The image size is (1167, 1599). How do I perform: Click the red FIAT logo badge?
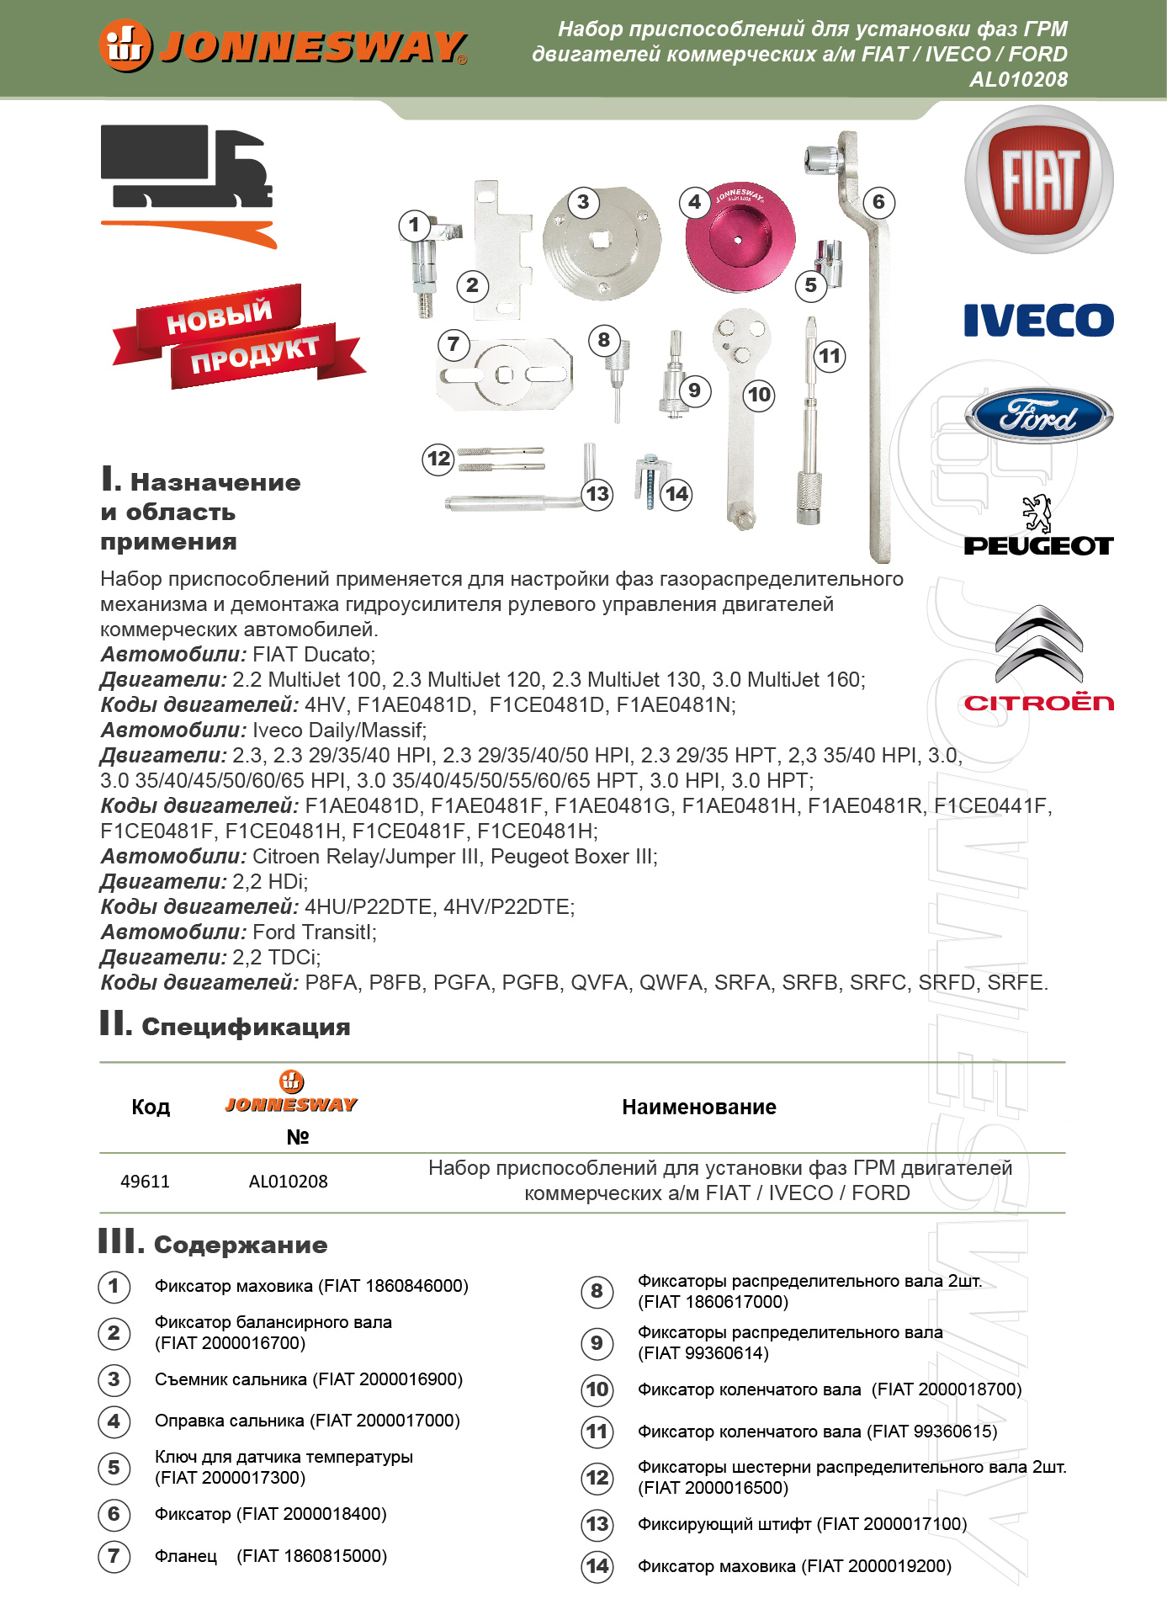tap(1038, 179)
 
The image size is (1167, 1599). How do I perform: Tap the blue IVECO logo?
tap(1038, 320)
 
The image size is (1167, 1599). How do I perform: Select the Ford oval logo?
tap(1038, 416)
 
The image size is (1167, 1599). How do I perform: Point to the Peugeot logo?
tap(1038, 527)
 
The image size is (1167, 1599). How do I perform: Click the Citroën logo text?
tap(1038, 703)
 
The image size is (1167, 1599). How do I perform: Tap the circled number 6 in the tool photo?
tap(878, 202)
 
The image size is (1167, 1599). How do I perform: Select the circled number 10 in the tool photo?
tap(759, 395)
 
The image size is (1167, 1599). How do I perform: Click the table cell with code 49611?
tap(145, 1182)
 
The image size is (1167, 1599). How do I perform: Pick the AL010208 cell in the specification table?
tap(288, 1182)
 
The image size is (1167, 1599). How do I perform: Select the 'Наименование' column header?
tap(698, 1108)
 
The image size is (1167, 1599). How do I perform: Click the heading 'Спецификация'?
tap(246, 1027)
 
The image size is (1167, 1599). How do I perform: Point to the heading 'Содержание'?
tap(241, 1245)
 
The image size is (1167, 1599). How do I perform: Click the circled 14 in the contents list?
tap(597, 1566)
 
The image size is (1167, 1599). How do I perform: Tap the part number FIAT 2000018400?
tap(312, 1514)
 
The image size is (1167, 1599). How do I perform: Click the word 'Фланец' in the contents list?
tap(186, 1556)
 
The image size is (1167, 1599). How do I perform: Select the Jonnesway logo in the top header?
tap(283, 46)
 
